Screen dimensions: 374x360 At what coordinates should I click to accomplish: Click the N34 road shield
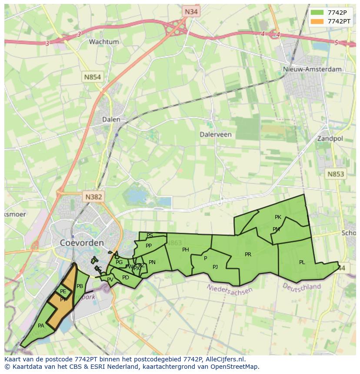click(191, 12)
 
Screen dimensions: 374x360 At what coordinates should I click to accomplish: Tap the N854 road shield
click(92, 77)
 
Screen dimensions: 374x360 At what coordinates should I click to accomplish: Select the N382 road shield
click(93, 197)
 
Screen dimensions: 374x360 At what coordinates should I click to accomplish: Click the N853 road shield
click(335, 174)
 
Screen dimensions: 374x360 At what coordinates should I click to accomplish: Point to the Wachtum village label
click(103, 42)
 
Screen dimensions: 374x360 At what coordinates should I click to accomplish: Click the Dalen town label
click(111, 119)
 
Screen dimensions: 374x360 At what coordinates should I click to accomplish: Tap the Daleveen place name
click(216, 134)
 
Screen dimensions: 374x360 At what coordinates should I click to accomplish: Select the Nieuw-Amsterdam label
click(312, 69)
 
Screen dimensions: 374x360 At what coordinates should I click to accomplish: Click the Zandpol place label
click(330, 139)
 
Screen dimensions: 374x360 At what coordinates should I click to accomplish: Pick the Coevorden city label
click(82, 242)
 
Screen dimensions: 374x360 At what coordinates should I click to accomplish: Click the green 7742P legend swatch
click(317, 12)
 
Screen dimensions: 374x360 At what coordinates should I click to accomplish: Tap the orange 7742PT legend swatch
click(317, 21)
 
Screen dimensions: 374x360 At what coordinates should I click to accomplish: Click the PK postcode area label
click(278, 217)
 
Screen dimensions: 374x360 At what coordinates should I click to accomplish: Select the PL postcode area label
click(302, 262)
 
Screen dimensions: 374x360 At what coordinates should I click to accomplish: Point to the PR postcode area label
click(248, 254)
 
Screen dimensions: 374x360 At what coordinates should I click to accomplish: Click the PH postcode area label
click(186, 249)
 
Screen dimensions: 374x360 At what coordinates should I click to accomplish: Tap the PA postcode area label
click(41, 325)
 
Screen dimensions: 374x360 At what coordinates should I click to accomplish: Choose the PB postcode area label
click(80, 286)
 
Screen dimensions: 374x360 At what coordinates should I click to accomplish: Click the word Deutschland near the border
click(301, 287)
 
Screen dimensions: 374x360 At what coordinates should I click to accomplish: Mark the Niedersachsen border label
click(230, 289)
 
